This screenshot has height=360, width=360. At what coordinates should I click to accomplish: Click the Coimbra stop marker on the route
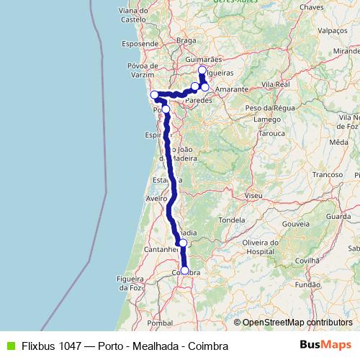185,271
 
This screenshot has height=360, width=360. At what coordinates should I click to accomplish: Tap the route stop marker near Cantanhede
183,243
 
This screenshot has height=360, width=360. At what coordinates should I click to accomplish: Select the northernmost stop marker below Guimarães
202,71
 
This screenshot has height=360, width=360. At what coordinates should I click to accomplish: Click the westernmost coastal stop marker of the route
154,95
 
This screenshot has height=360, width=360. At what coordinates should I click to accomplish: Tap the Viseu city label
253,195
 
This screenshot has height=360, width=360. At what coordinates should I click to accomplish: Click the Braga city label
186,41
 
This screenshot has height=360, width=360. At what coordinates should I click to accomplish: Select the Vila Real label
276,84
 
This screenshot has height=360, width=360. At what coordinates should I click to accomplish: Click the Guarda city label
338,215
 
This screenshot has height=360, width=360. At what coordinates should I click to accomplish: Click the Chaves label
312,6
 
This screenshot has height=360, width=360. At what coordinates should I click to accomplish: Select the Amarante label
231,89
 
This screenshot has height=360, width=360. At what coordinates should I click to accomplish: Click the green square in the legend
9,346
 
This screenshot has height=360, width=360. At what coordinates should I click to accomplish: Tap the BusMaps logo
326,346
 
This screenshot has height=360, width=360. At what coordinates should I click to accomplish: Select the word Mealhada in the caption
157,346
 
